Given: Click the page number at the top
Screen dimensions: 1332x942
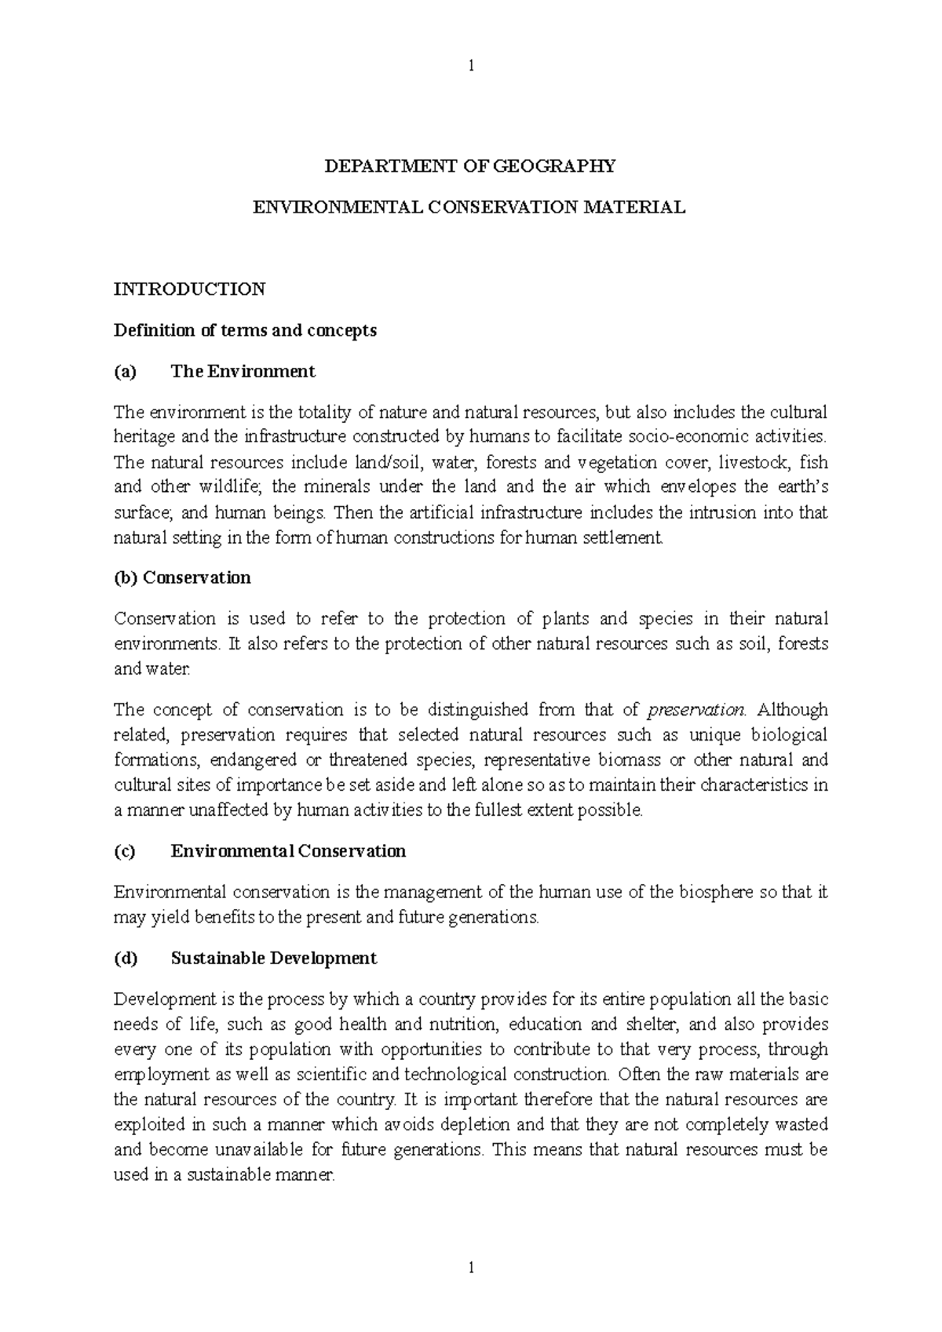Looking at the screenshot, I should [x=471, y=66].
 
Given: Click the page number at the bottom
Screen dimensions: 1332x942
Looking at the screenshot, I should [x=471, y=1267].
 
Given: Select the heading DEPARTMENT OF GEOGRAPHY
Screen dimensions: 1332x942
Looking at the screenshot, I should [x=471, y=166].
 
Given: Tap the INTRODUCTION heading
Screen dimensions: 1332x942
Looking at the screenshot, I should [x=189, y=289].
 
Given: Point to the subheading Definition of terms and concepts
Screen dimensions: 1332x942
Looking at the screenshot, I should [x=245, y=330].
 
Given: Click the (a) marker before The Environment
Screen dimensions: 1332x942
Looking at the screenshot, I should [x=125, y=372].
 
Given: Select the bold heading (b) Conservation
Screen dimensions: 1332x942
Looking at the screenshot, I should [x=182, y=578].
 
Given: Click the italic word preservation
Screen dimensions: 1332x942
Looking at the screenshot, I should [x=696, y=710].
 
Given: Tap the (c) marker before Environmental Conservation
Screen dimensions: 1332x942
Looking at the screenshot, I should [x=125, y=851].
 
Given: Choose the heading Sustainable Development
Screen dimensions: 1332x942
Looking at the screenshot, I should [x=274, y=959].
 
